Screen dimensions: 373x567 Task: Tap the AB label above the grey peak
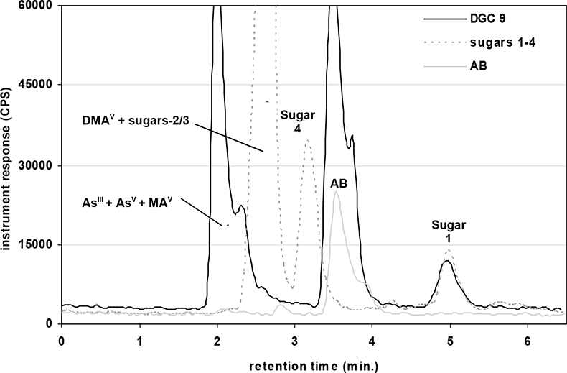click(x=339, y=184)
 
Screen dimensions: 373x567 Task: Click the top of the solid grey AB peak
click(x=335, y=192)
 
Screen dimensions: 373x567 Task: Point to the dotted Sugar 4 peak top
click(x=308, y=141)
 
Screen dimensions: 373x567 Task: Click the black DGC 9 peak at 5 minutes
click(x=447, y=261)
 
